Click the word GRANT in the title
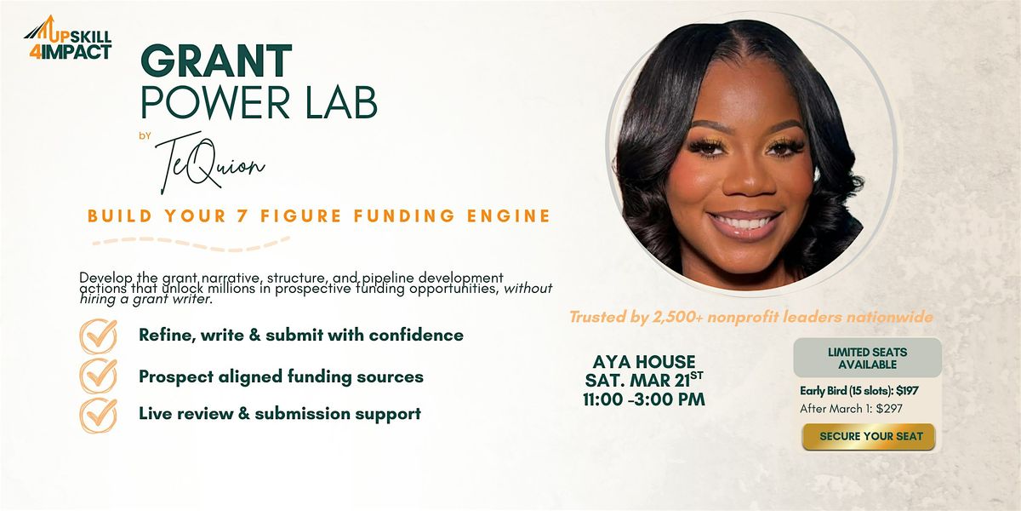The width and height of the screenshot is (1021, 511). [216, 61]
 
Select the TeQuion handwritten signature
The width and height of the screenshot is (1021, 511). [209, 165]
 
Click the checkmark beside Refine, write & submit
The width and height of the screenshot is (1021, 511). [99, 336]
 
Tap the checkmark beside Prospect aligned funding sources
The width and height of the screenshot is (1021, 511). [99, 376]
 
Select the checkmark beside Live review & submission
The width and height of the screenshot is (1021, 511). [99, 416]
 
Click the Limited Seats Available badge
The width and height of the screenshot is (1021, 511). [867, 359]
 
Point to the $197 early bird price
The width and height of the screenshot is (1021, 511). [907, 391]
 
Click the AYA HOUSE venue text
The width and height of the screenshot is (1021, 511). [644, 362]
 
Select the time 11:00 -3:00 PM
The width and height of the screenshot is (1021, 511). [644, 399]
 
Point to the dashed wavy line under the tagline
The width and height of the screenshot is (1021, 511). [191, 244]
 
